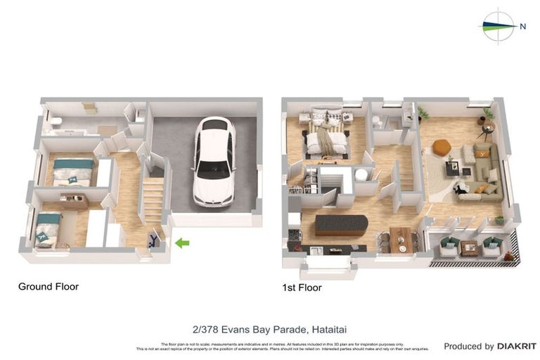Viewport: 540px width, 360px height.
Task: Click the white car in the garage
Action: coord(214,162)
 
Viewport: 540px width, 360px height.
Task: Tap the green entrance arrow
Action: coord(182,243)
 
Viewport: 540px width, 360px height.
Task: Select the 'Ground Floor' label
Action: coord(49,287)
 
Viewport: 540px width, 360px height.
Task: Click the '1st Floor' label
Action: coord(302,288)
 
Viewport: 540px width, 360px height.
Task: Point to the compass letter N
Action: coord(522,27)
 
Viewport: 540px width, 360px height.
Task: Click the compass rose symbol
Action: coord(498,27)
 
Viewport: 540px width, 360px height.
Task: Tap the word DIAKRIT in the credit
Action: coord(517,347)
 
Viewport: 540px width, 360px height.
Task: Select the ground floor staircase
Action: coord(153,200)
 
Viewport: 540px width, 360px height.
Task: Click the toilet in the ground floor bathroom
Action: coord(57,122)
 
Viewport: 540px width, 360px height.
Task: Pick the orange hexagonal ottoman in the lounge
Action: coord(442,147)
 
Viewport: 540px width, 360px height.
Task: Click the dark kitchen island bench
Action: coord(341,224)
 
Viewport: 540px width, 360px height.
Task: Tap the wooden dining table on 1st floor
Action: coord(403,239)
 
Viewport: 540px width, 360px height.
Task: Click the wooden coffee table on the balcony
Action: coord(470,247)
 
